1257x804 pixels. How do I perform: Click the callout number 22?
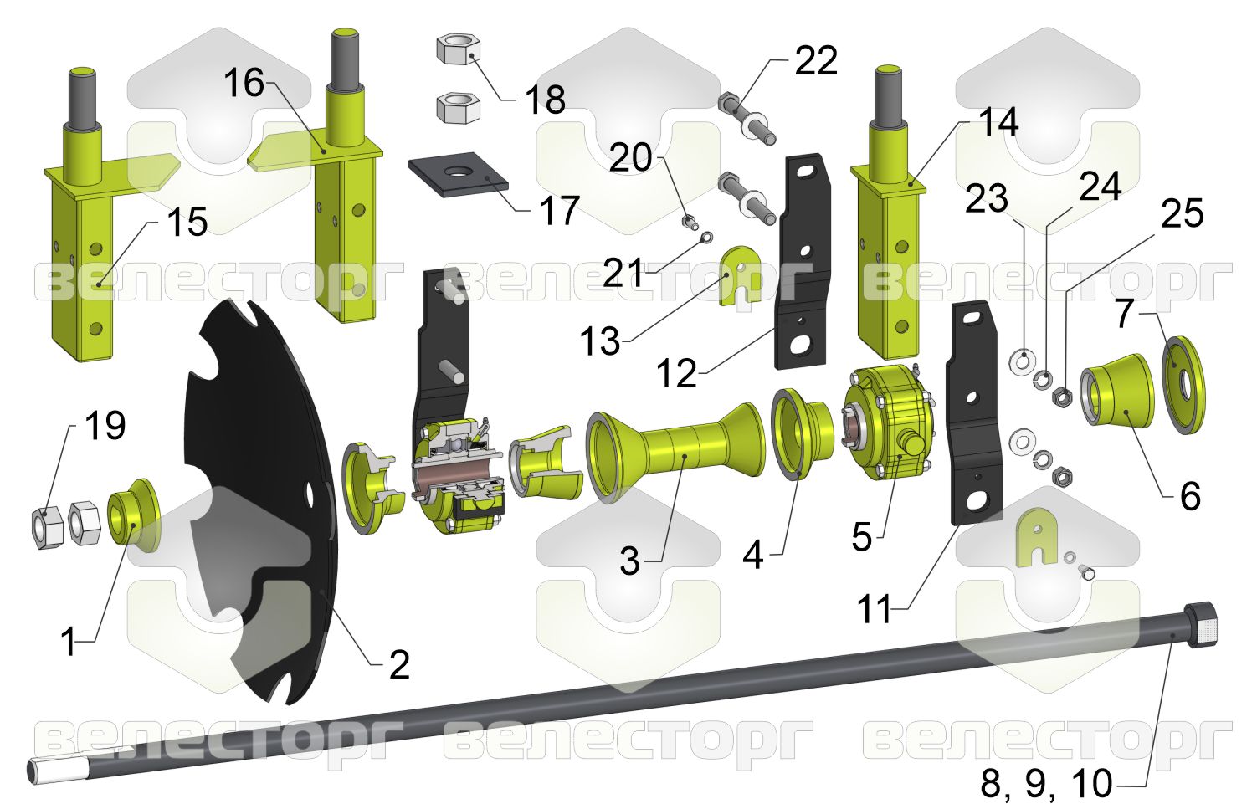pyautogui.click(x=815, y=60)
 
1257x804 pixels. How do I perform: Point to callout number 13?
pyautogui.click(x=600, y=341)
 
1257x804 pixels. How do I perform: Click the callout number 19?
pyautogui.click(x=105, y=426)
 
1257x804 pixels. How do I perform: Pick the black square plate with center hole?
pyautogui.click(x=458, y=175)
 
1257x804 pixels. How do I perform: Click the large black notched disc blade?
pyautogui.click(x=262, y=501)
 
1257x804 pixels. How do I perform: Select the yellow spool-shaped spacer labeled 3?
pyautogui.click(x=675, y=453)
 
